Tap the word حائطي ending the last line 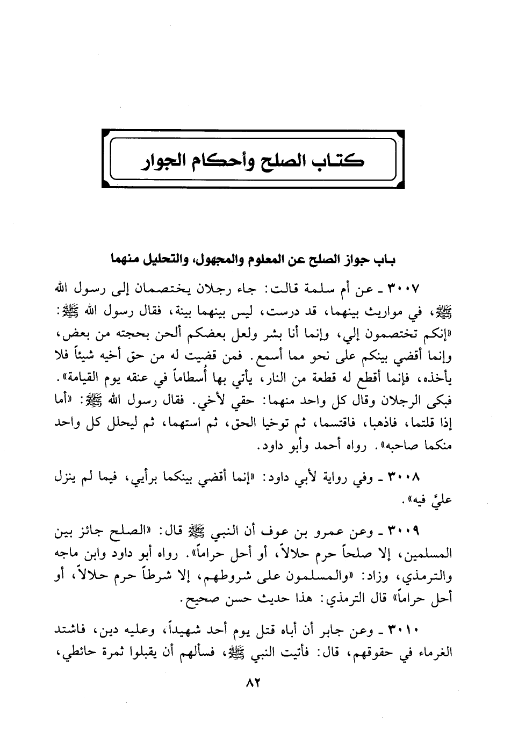click(81, 653)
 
